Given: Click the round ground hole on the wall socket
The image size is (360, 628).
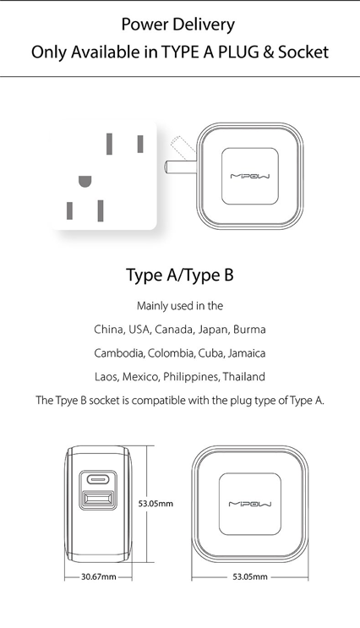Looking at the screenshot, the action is tap(85, 182).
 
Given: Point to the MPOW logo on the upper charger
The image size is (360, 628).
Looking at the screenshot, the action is tap(250, 176).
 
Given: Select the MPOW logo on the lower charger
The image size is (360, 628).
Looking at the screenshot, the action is tap(250, 504).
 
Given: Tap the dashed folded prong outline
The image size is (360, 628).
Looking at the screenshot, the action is tap(183, 146).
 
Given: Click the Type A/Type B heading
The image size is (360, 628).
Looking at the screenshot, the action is tap(180, 276).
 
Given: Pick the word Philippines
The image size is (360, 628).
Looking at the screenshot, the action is tap(192, 377).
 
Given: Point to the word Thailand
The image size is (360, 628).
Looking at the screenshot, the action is tap(244, 377).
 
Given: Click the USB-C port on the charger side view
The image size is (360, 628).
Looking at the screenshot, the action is tap(99, 478).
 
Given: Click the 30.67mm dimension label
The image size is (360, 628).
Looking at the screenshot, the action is tap(99, 576).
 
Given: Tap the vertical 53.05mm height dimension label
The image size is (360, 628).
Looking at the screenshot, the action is tap(155, 504).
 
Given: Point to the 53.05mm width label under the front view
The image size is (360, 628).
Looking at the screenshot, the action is tap(250, 576).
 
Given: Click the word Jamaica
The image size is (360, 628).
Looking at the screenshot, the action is tap(247, 353).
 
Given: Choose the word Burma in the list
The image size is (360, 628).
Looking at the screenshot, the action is tap(249, 330).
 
